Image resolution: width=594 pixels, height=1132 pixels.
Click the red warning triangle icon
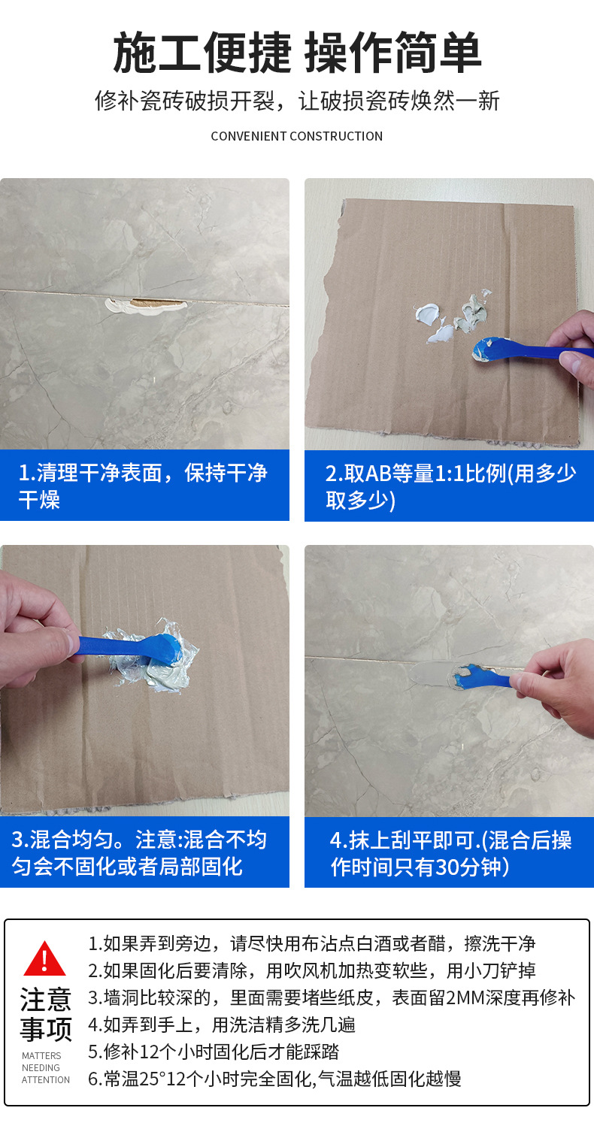tap(44, 958)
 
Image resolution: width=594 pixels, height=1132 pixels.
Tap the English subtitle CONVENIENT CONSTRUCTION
tap(297, 137)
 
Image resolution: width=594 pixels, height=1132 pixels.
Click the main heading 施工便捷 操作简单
tap(297, 53)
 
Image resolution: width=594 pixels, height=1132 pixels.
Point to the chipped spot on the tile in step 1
tap(146, 306)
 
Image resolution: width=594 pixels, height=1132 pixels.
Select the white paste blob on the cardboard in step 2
tap(435, 322)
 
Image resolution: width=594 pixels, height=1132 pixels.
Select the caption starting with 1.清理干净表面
tap(143, 486)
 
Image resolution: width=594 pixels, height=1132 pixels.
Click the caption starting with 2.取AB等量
tap(450, 486)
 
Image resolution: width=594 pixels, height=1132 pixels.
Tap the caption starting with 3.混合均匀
tap(139, 852)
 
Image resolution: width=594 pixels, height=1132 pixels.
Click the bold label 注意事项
tap(46, 1014)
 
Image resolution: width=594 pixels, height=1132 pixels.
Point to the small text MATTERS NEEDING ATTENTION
tap(46, 1068)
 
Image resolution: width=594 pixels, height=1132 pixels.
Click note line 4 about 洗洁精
tap(221, 1025)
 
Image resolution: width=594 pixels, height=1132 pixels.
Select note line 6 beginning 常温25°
tap(274, 1079)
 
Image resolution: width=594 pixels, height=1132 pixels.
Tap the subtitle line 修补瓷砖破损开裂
tap(297, 101)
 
